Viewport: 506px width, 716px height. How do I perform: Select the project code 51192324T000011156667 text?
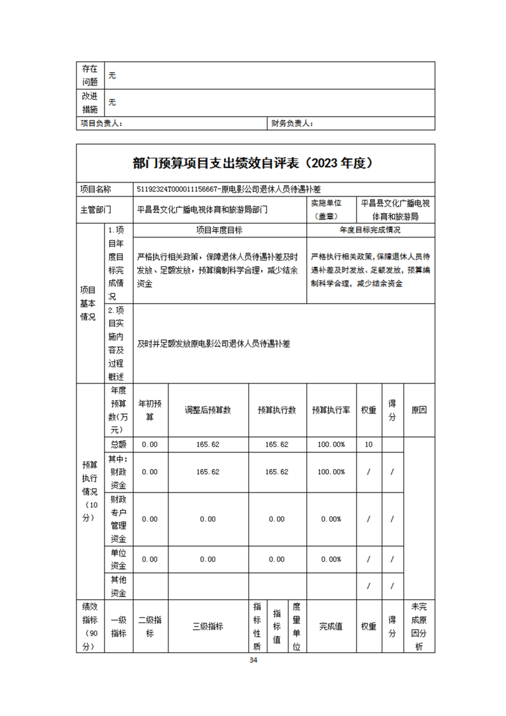pyautogui.click(x=179, y=190)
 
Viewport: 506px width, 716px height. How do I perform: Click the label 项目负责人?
pyautogui.click(x=101, y=123)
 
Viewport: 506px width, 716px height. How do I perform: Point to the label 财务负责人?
pyautogui.click(x=292, y=123)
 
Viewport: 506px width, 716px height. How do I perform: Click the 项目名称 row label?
pyautogui.click(x=95, y=190)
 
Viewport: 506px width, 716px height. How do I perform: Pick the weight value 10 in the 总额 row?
pyautogui.click(x=368, y=444)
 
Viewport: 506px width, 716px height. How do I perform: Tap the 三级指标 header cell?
pyautogui.click(x=207, y=626)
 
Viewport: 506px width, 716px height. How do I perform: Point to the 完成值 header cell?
pyautogui.click(x=331, y=626)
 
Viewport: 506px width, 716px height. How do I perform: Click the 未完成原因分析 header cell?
pyautogui.click(x=419, y=626)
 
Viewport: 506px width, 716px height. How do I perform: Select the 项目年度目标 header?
pyautogui.click(x=219, y=230)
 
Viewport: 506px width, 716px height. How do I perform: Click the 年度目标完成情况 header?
pyautogui.click(x=370, y=230)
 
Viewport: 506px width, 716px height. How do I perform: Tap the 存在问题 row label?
pyautogui.click(x=90, y=75)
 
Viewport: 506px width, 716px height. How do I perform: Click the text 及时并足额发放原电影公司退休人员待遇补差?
pyautogui.click(x=214, y=343)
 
